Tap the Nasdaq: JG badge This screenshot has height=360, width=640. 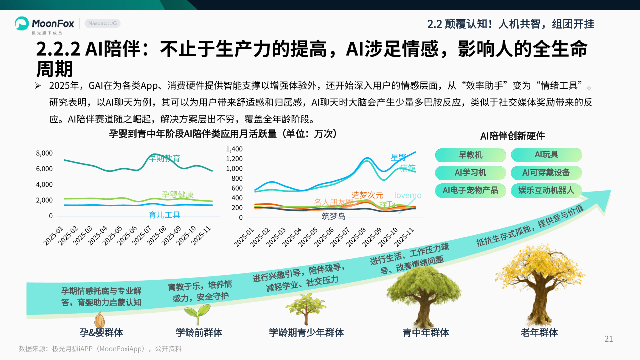(x=103, y=24)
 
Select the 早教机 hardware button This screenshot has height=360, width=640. (x=470, y=155)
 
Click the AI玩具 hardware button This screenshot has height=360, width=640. (x=546, y=155)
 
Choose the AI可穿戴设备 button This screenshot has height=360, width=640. (x=546, y=173)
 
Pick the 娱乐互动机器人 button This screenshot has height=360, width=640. (x=546, y=190)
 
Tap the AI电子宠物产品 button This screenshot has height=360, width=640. (x=470, y=190)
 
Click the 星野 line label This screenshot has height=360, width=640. (x=399, y=157)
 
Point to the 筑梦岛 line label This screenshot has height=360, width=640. (x=334, y=216)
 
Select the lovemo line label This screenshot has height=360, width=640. (x=408, y=195)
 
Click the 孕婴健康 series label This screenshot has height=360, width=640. (x=178, y=195)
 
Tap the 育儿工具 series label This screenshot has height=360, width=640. (x=165, y=215)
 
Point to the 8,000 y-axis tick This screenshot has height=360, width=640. (x=44, y=153)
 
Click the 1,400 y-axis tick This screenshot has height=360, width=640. (x=234, y=149)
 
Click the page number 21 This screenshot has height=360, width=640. (x=609, y=339)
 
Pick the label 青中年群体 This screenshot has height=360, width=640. (x=426, y=333)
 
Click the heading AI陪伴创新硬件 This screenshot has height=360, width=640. (x=512, y=136)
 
